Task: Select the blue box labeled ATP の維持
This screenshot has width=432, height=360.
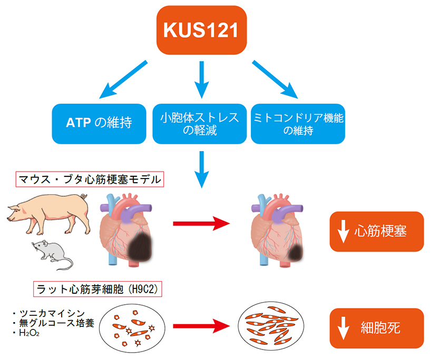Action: click(x=99, y=124)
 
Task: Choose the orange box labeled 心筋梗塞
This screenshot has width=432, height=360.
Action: click(x=376, y=232)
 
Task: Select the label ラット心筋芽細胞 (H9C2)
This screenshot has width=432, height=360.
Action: click(x=99, y=289)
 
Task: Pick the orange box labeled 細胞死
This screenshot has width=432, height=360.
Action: click(x=376, y=328)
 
